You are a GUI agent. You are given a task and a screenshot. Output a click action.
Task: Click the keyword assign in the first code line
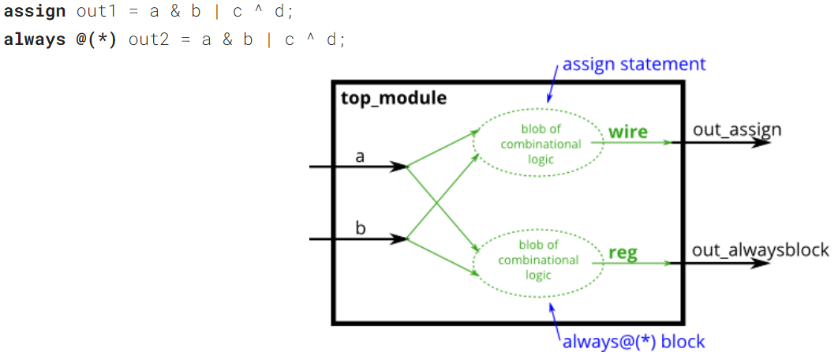click(x=34, y=13)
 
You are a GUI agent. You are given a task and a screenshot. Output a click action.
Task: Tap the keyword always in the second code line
click(x=34, y=39)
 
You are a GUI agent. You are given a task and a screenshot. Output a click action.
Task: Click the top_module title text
click(x=393, y=99)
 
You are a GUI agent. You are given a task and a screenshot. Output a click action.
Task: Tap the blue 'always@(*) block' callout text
click(x=633, y=342)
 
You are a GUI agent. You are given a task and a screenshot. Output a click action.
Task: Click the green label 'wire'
click(x=627, y=131)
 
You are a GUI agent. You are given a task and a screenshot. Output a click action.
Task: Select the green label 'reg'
click(x=623, y=253)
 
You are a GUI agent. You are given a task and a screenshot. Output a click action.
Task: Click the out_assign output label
click(x=737, y=129)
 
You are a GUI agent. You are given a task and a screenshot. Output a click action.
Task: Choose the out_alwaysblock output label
click(x=761, y=250)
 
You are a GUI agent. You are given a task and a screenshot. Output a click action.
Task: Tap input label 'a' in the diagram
click(x=361, y=156)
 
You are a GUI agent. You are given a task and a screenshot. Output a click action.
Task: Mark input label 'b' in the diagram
click(x=361, y=229)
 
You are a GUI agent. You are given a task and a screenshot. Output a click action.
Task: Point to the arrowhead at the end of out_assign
click(x=761, y=142)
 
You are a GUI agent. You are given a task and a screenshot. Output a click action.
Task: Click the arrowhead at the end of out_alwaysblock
click(x=761, y=262)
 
